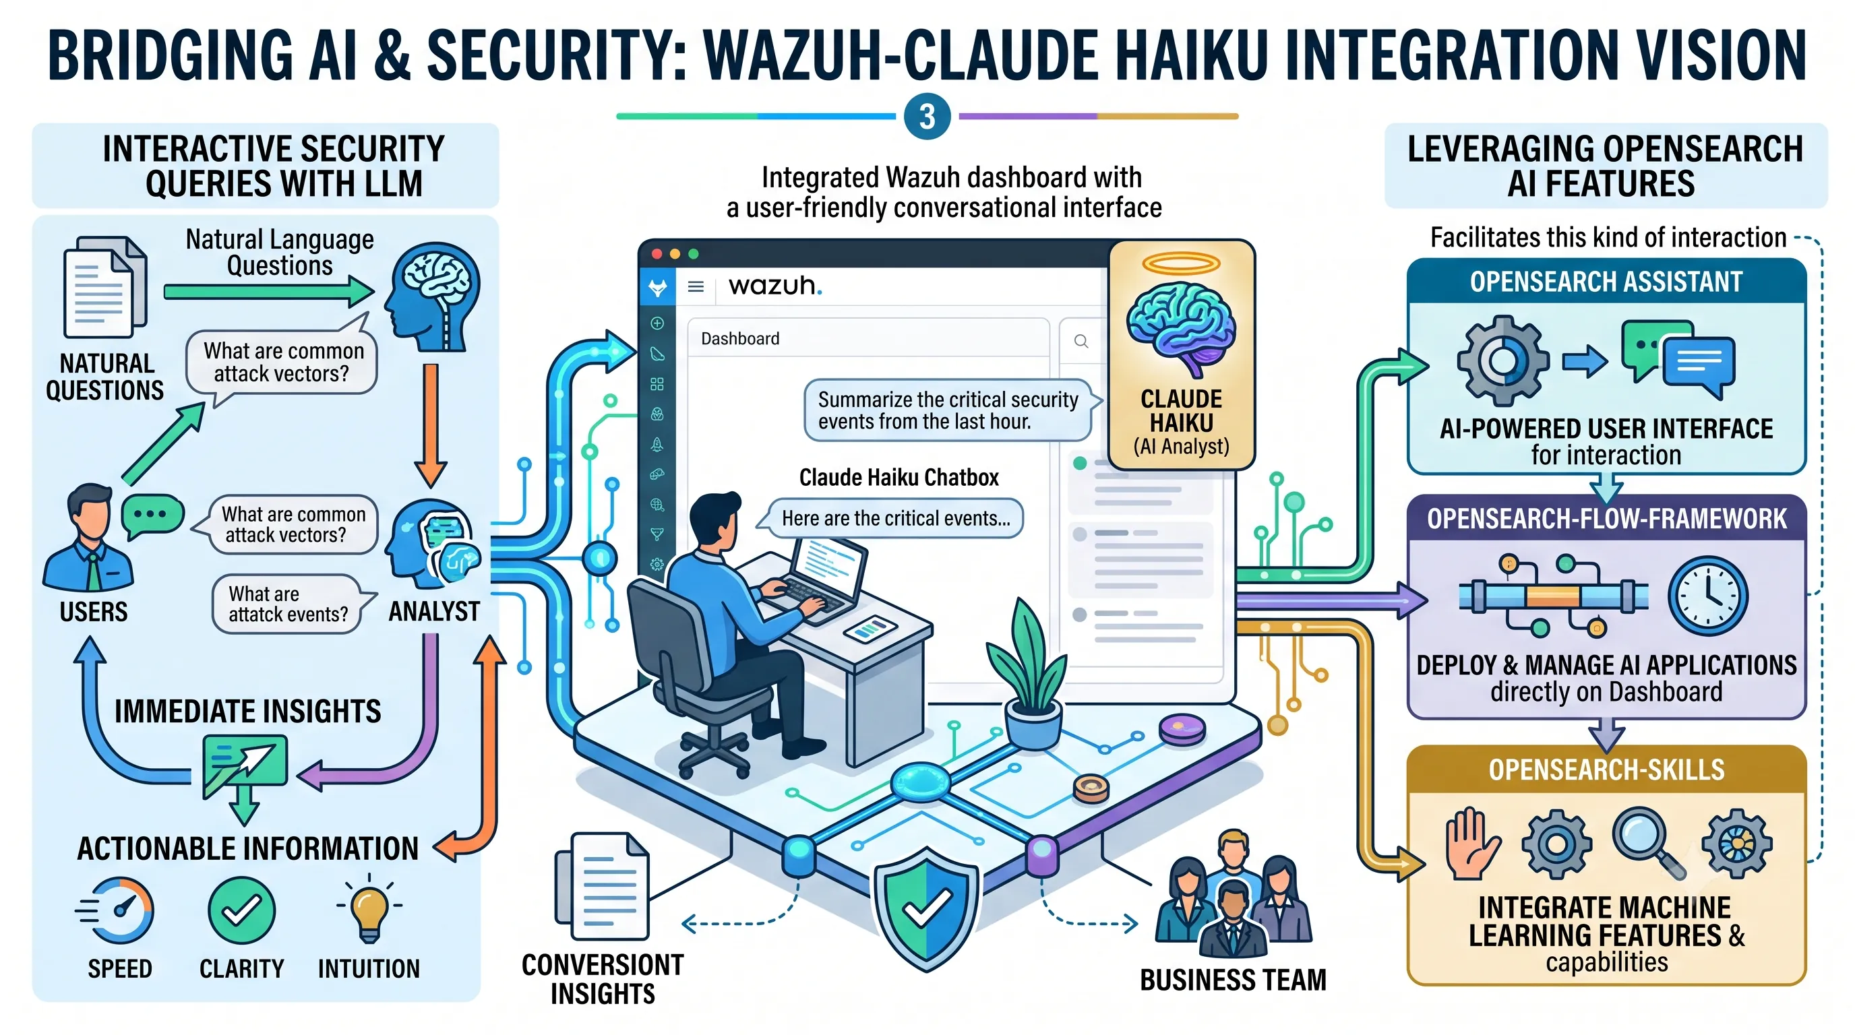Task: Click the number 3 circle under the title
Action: (x=927, y=117)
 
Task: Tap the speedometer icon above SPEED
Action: (x=116, y=910)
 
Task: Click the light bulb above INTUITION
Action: (x=369, y=908)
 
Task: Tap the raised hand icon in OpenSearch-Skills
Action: (x=1472, y=844)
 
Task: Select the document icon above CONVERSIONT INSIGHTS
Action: (x=602, y=886)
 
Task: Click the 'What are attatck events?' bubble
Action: (x=291, y=604)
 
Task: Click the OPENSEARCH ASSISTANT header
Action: (x=1606, y=282)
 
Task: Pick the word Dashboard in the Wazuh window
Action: (x=740, y=338)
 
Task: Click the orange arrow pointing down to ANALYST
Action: (x=431, y=425)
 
